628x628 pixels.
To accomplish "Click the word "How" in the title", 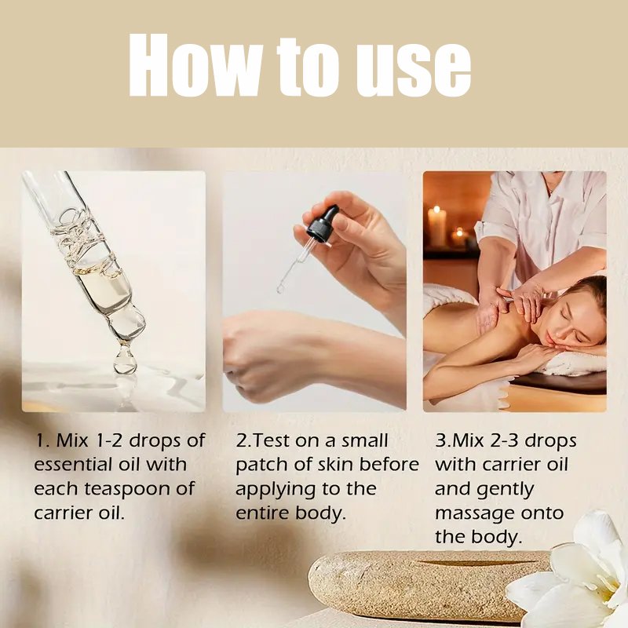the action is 195,65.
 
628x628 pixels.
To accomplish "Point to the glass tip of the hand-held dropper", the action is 280,288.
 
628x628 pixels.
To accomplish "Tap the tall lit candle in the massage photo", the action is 436,225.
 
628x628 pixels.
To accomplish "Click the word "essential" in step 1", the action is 73,465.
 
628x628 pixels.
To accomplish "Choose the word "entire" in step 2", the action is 262,513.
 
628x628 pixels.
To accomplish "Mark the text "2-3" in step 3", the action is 504,441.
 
